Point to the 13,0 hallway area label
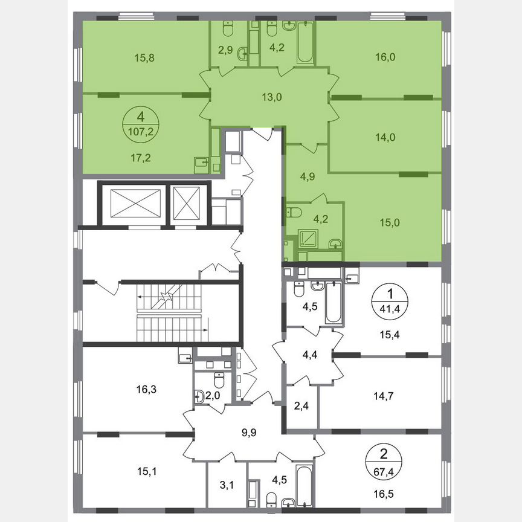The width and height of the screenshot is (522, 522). pyautogui.click(x=270, y=95)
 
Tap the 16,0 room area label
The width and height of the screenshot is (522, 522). pyautogui.click(x=386, y=58)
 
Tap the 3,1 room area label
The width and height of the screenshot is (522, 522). pyautogui.click(x=227, y=483)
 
